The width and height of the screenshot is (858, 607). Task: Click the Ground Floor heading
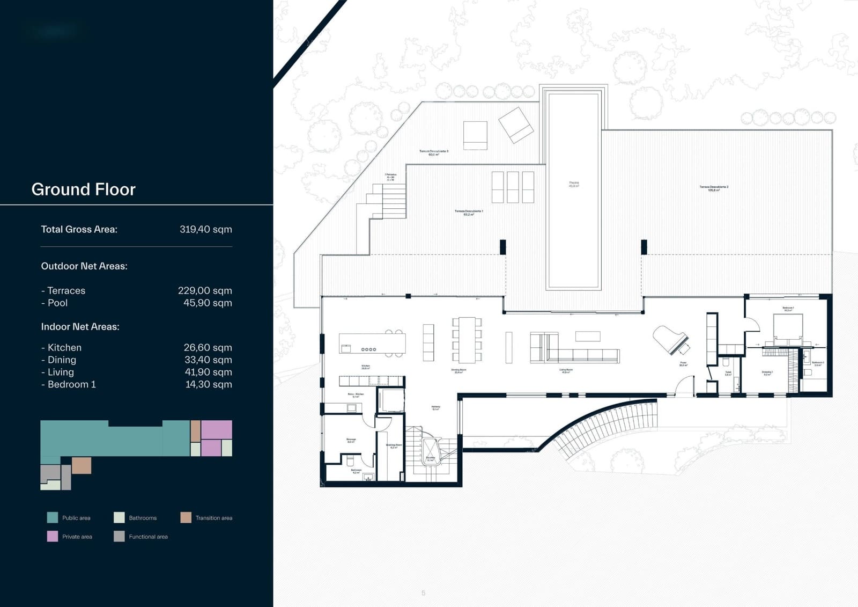coord(83,189)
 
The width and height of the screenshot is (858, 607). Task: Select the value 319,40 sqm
coord(205,229)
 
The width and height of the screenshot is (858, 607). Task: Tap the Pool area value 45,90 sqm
coord(208,303)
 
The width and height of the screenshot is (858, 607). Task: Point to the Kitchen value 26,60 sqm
coord(208,348)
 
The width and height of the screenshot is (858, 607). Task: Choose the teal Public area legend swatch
coord(53,517)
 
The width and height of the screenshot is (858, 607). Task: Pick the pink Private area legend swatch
coord(53,536)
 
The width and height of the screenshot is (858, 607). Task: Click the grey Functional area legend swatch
coord(119,536)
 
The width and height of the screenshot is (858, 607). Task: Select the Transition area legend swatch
coord(186,517)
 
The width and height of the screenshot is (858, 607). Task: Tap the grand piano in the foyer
coord(670,339)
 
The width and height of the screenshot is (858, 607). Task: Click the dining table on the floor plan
coord(467,339)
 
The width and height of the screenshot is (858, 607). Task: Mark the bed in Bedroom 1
coord(788,328)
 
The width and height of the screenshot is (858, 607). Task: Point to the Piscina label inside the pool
coord(573,184)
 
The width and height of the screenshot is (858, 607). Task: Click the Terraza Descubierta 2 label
coord(714,188)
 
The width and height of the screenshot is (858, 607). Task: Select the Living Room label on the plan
coord(566,370)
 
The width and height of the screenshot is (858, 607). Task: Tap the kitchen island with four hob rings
coord(372,343)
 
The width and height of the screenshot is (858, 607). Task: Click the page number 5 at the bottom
coord(423,593)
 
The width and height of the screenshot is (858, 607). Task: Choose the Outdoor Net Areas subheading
coord(84,266)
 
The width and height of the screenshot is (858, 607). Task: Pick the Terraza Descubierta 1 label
coord(469,213)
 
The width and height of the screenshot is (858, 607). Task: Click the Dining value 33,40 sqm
coord(208,360)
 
